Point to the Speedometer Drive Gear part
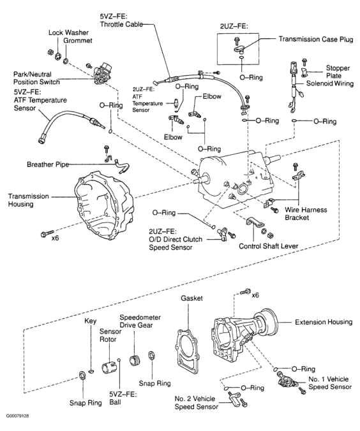tap(135, 360)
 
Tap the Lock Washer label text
tap(67, 32)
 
